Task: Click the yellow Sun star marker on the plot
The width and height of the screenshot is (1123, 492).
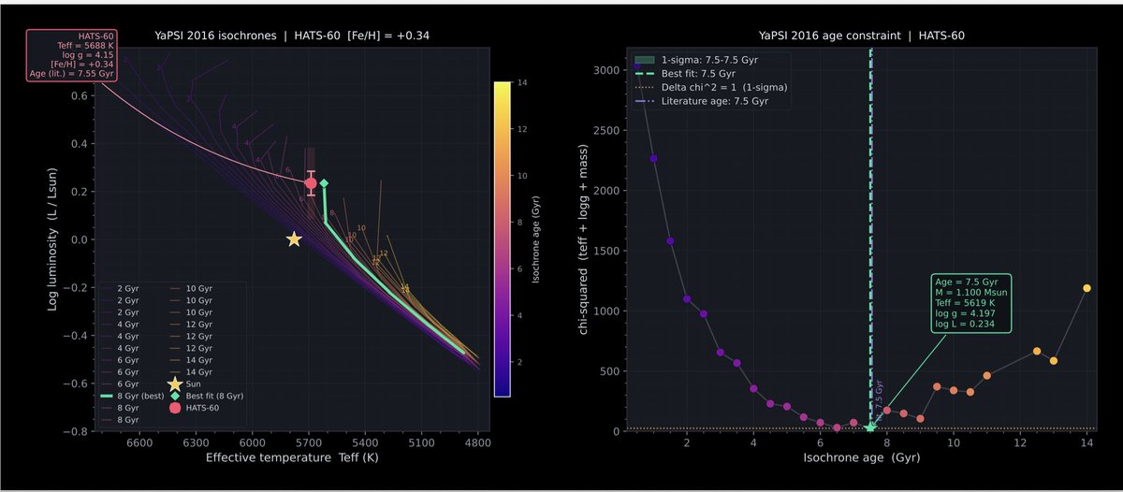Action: click(x=294, y=239)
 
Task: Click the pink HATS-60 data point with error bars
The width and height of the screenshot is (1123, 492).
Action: click(x=311, y=183)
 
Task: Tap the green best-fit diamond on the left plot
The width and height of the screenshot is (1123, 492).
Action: click(x=324, y=183)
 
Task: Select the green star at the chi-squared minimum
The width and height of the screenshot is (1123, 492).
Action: click(x=870, y=427)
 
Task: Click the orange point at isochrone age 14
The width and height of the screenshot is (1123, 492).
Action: click(x=1087, y=288)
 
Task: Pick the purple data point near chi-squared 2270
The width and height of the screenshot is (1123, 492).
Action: click(x=653, y=158)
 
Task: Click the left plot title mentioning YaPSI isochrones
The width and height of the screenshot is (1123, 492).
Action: click(x=292, y=36)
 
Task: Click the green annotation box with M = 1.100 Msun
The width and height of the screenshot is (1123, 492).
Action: click(x=970, y=303)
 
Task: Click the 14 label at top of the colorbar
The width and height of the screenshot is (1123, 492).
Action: click(x=521, y=83)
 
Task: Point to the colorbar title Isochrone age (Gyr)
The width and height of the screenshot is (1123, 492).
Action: click(x=536, y=239)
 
